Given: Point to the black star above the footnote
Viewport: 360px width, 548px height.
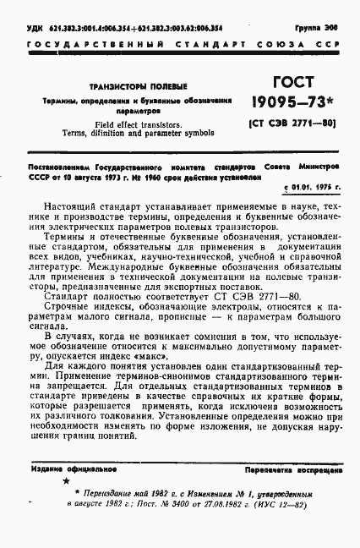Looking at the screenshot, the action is (x=66, y=480).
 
